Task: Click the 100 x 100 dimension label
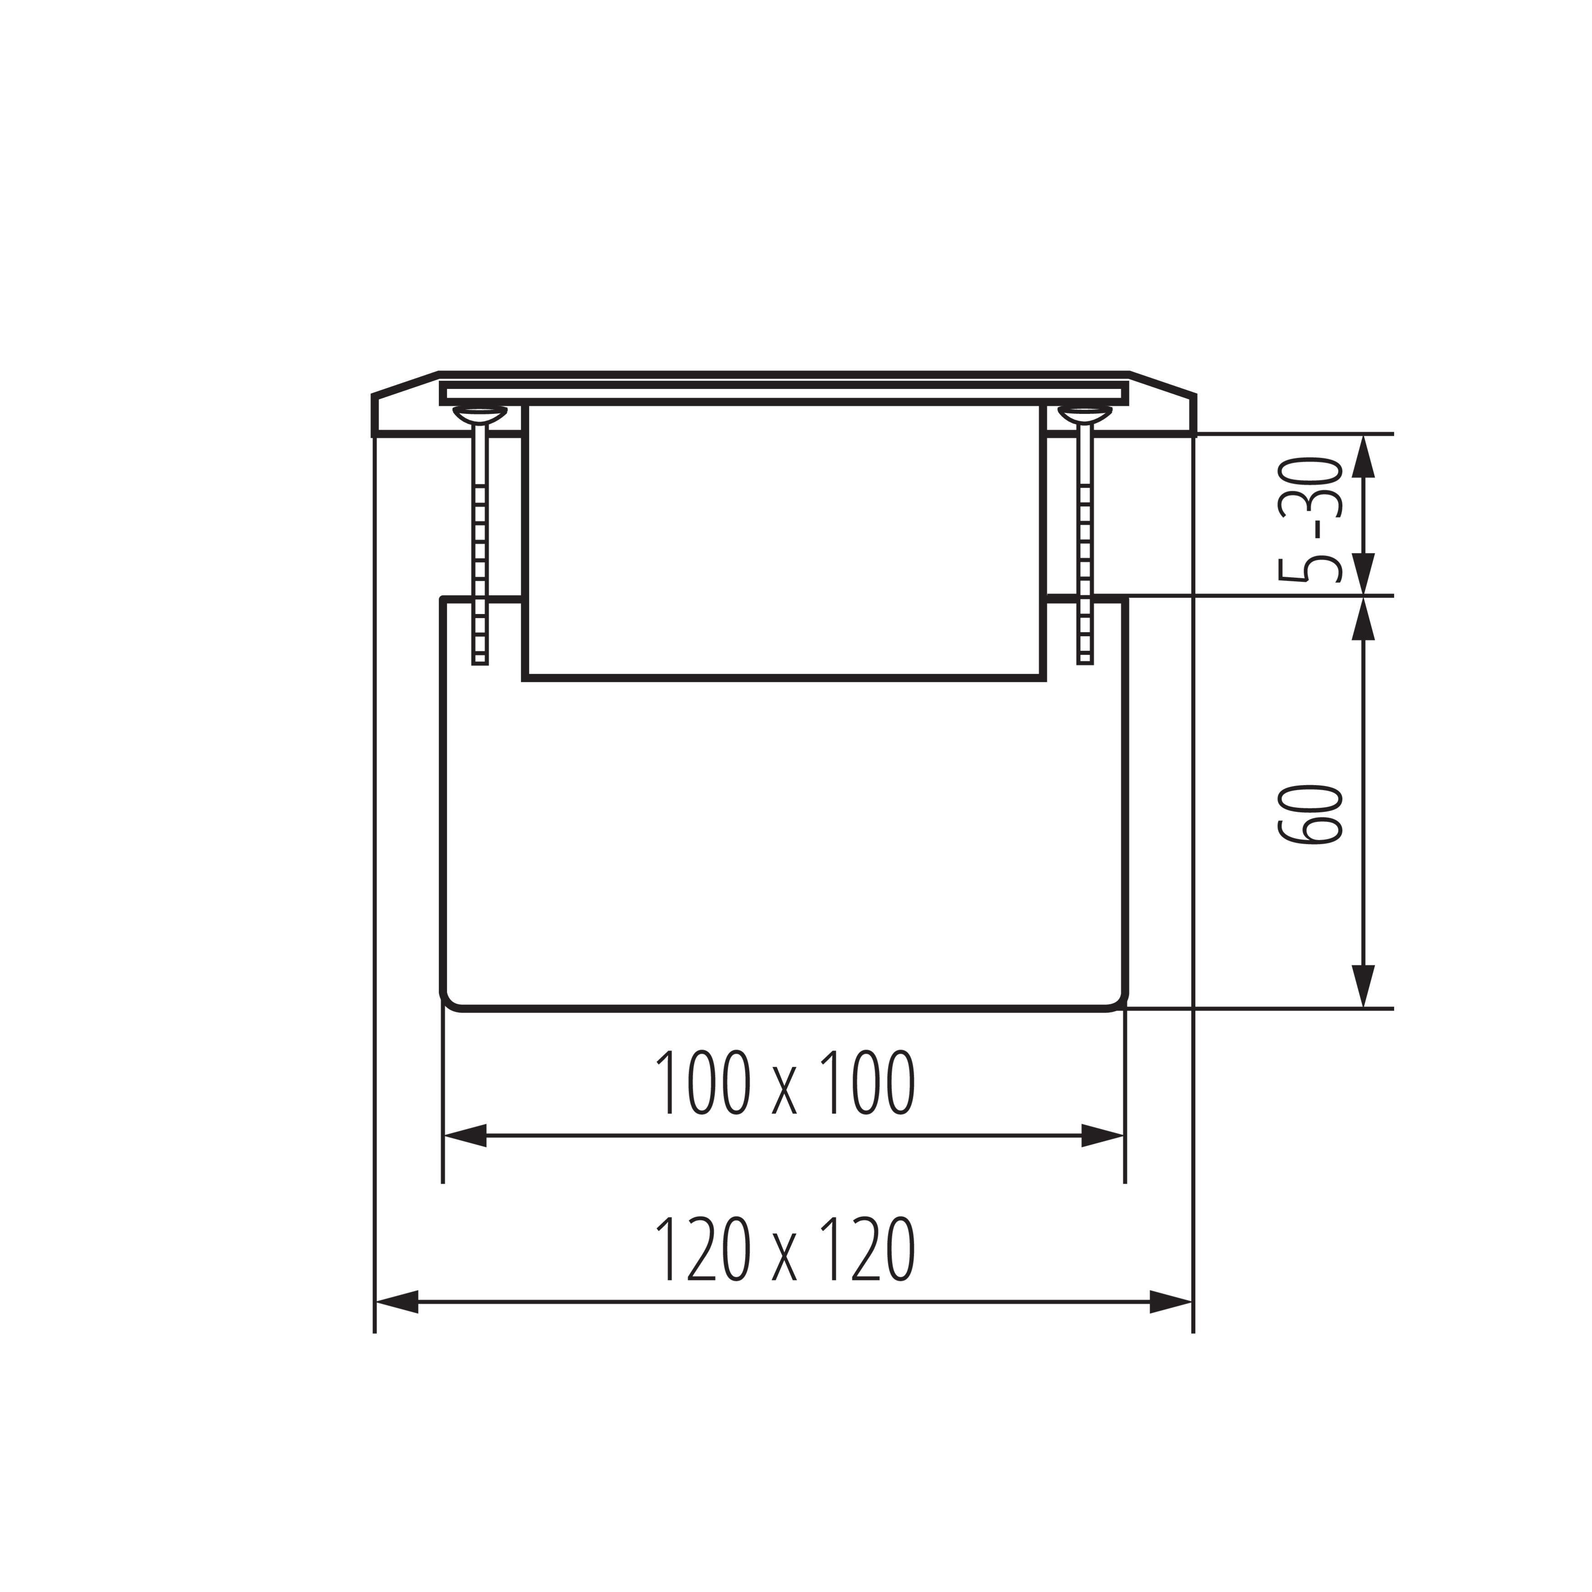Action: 785,1082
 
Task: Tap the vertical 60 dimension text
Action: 1310,814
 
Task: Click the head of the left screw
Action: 479,414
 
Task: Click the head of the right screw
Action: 1085,414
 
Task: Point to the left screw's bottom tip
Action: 479,663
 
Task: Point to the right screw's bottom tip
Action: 1085,663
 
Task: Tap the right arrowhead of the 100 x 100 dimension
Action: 1103,1135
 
